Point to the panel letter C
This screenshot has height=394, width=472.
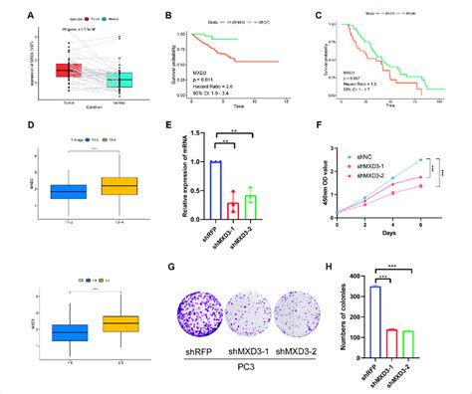coord(318,15)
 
